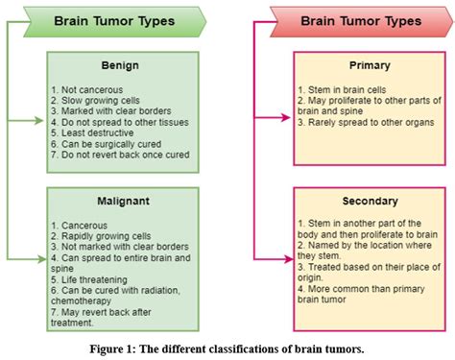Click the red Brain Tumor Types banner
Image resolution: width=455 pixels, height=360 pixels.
[355, 20]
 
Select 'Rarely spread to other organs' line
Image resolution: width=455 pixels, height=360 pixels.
[370, 123]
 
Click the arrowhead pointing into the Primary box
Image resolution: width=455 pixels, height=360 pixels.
[287, 121]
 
